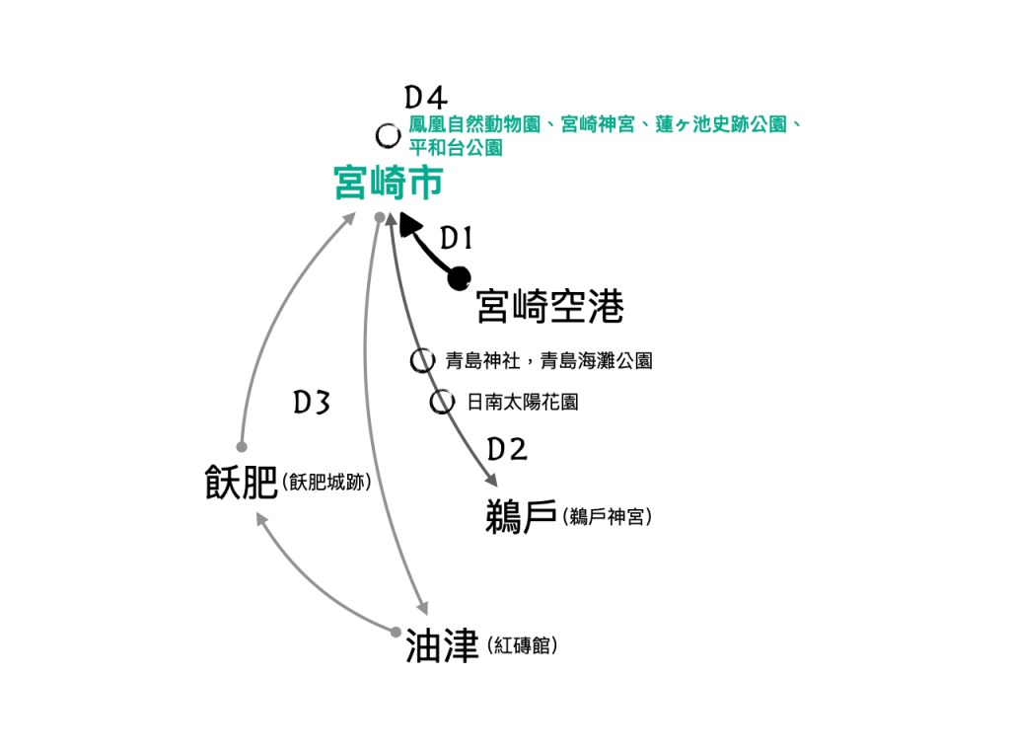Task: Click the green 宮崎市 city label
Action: (388, 184)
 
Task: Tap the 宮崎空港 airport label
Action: (549, 307)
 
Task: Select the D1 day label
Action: (457, 238)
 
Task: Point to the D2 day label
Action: (507, 450)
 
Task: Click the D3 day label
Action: (311, 403)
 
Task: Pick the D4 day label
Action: (426, 97)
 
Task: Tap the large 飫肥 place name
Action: (241, 485)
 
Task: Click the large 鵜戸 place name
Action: (522, 516)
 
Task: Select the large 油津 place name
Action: (442, 646)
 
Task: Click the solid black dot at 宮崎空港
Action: (459, 280)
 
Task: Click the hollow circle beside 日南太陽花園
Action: (442, 403)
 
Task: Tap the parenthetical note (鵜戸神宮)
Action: (607, 517)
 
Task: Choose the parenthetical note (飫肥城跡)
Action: (325, 484)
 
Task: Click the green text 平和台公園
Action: (456, 148)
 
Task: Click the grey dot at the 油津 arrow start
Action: (396, 632)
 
